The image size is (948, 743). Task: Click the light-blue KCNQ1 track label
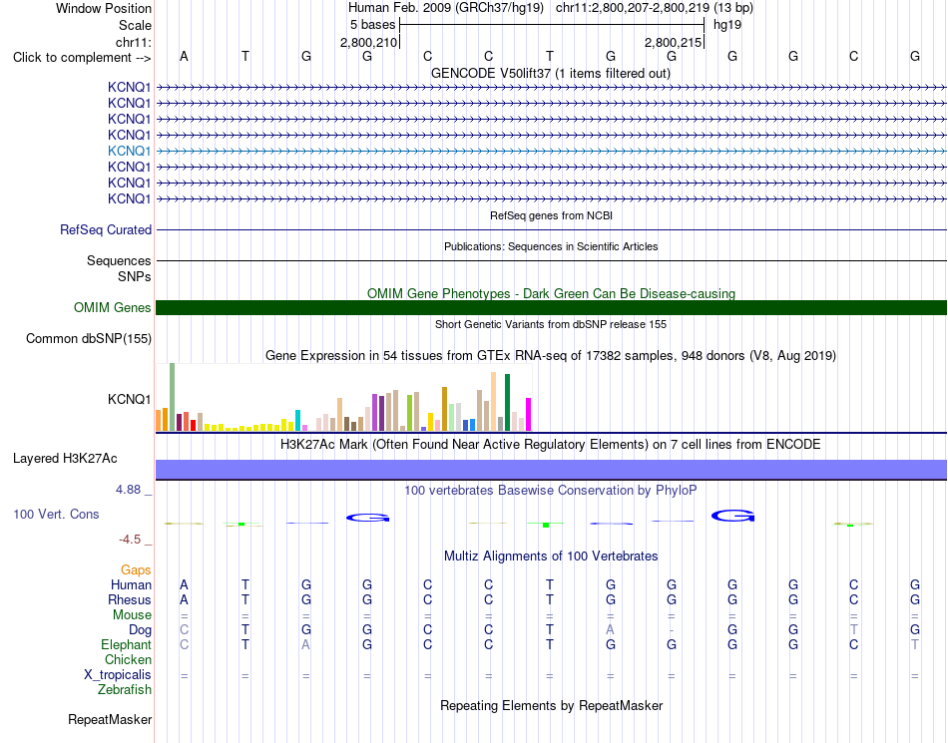[129, 151]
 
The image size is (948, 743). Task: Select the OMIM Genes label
[112, 307]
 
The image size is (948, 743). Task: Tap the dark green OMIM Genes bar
[551, 307]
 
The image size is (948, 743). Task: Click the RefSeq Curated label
[106, 230]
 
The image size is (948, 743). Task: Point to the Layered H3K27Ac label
[65, 459]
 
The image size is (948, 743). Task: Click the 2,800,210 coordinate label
[369, 42]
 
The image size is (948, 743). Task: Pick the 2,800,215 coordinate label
[673, 42]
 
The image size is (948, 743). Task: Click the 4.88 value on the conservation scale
[128, 490]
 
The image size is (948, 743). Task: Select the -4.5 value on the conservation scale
[130, 539]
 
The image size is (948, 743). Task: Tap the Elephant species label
[126, 645]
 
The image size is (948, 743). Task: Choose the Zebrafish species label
[125, 690]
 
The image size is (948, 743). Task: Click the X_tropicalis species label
[118, 675]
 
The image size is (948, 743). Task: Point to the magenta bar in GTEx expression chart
[529, 415]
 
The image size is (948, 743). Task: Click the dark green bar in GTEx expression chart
[508, 402]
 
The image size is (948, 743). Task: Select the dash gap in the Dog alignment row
[672, 630]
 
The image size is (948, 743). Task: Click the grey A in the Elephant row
[306, 645]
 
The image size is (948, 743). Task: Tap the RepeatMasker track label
[110, 719]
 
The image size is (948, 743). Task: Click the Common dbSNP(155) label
[89, 339]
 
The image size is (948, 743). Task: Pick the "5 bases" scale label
[372, 25]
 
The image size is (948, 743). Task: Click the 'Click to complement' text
[72, 58]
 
